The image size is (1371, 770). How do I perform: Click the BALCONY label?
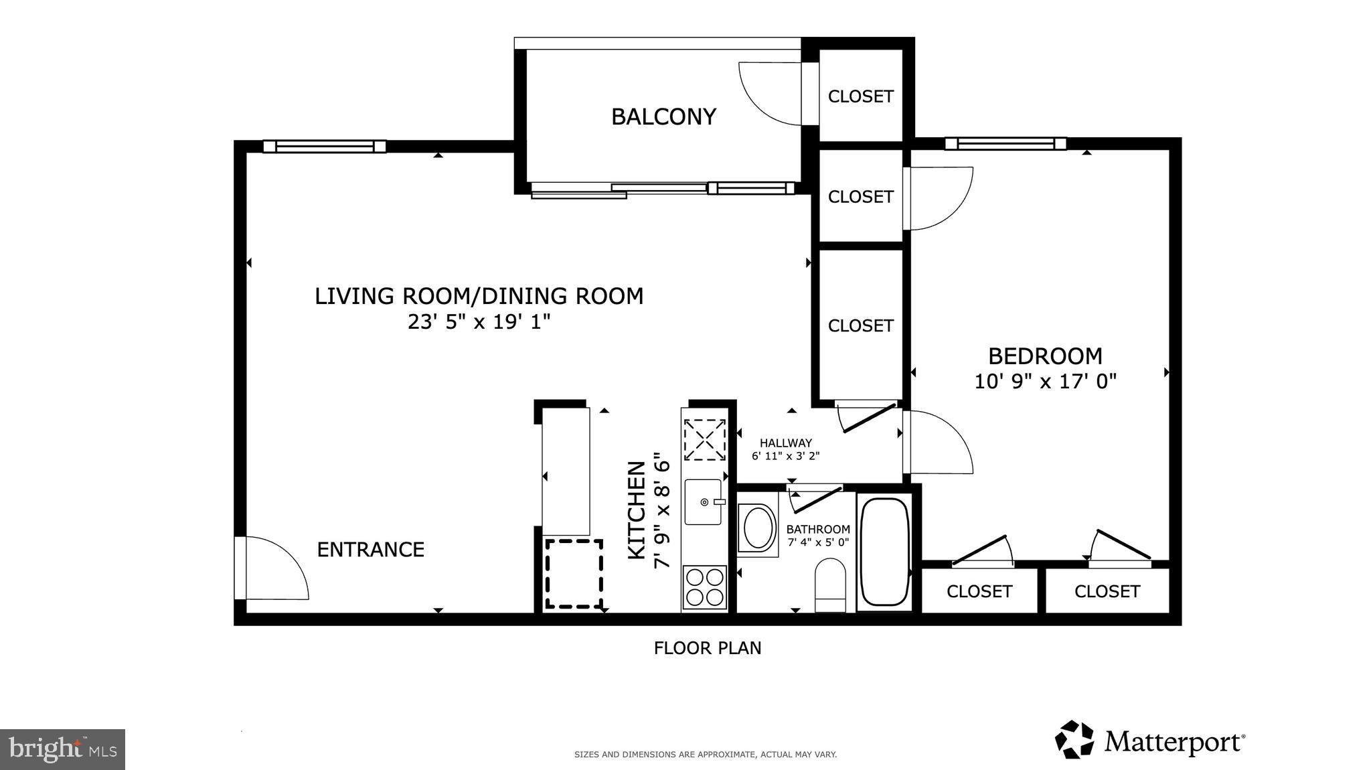[663, 117]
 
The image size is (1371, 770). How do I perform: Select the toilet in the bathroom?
[830, 585]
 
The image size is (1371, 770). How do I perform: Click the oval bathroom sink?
[758, 529]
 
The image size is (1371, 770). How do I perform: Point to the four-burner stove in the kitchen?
[704, 587]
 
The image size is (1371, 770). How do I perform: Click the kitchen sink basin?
[702, 502]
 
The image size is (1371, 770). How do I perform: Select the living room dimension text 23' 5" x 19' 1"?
[479, 322]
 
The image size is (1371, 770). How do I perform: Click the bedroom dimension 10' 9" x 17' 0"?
[1045, 382]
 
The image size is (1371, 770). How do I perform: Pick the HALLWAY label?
[785, 443]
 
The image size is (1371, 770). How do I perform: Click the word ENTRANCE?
[370, 550]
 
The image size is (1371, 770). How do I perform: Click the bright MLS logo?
[62, 749]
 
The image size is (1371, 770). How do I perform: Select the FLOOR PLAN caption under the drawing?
[707, 648]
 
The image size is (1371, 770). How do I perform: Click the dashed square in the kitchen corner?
[574, 574]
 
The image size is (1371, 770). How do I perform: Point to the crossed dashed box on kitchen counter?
[704, 440]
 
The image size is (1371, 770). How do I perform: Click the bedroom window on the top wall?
[1005, 143]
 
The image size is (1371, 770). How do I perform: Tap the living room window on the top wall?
[324, 146]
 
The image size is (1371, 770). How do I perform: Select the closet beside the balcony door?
[860, 96]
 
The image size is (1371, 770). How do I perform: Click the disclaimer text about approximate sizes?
[705, 755]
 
